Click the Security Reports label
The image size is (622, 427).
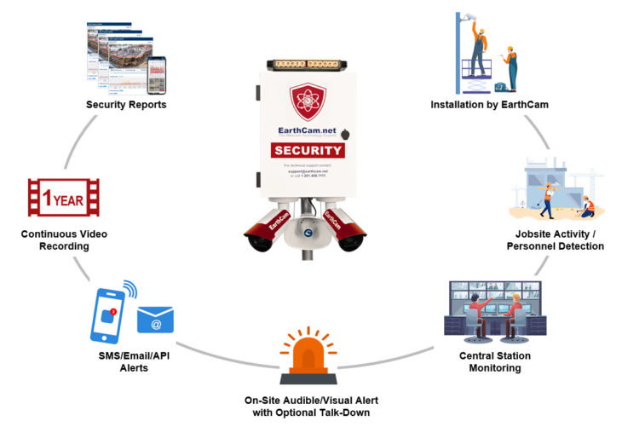coord(126,105)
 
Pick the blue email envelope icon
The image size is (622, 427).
coord(155,320)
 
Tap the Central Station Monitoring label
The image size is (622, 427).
coord(483,362)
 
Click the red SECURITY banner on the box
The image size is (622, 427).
coord(308,151)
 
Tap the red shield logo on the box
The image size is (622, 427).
coord(308,101)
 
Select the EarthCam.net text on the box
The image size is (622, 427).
coord(308,131)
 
